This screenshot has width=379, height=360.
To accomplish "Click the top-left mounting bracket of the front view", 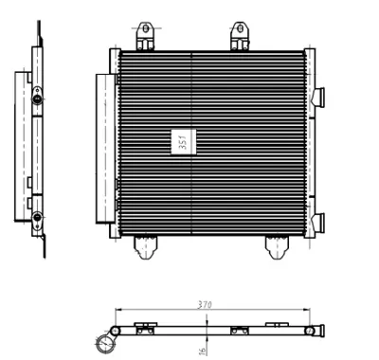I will (x=147, y=37).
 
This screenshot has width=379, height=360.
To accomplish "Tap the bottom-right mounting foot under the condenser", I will (x=276, y=246).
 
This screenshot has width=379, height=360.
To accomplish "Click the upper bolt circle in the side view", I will (x=36, y=94).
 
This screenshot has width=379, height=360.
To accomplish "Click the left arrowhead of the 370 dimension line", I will (x=117, y=311).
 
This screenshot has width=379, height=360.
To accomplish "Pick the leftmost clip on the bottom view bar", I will (x=144, y=329).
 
